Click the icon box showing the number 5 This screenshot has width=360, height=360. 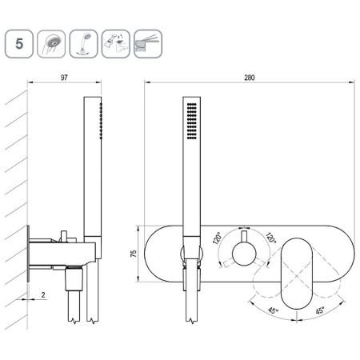pos(19,44)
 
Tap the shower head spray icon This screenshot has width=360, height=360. pos(51,44)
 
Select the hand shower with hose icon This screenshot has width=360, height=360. pos(83,44)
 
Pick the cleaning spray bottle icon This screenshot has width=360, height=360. pos(116,44)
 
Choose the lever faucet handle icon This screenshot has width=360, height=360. pos(148,44)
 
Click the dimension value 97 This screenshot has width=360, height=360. pos(64,78)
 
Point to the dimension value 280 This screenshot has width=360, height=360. pos(250,78)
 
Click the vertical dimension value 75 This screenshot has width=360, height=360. pos(134,254)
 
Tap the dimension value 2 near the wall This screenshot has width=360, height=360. pos(43,294)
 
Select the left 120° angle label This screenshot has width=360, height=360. pos(218,238)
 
